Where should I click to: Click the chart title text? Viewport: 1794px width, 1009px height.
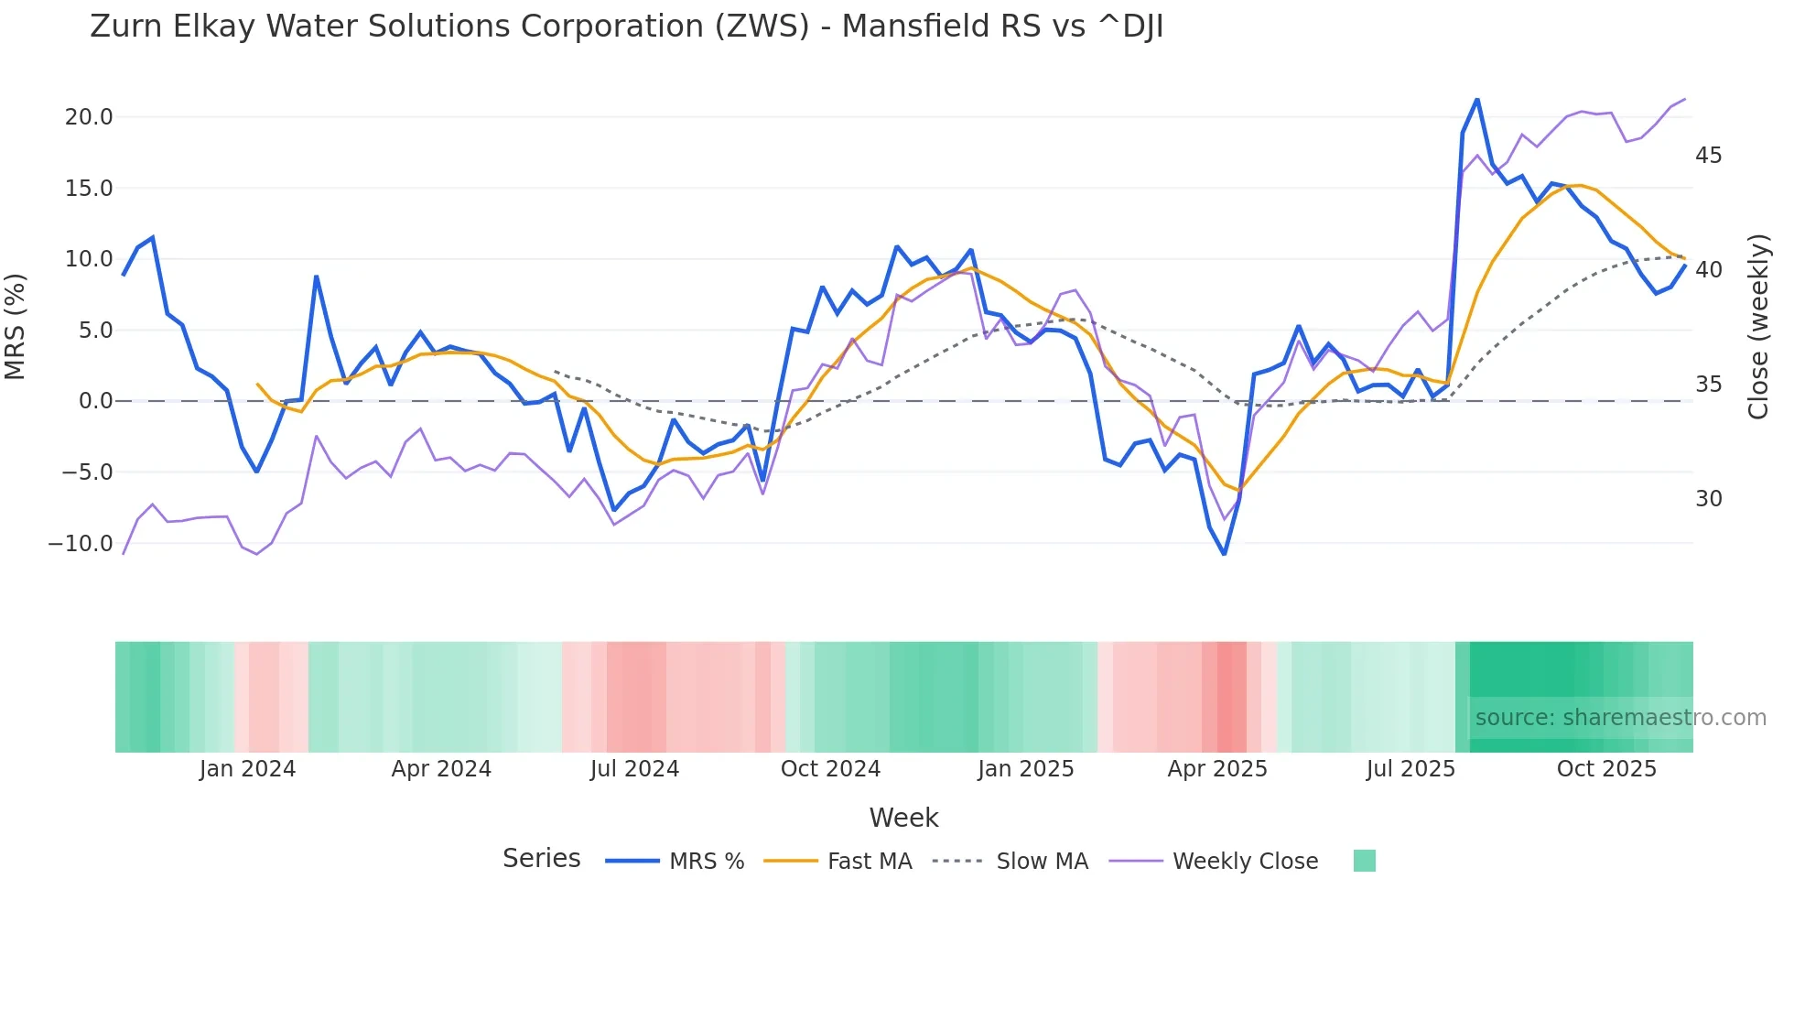pyautogui.click(x=626, y=27)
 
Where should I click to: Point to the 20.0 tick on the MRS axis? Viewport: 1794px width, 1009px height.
pyautogui.click(x=89, y=117)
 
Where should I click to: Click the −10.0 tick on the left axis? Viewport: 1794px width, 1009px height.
pyautogui.click(x=81, y=543)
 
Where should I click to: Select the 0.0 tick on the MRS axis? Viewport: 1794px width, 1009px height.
pyautogui.click(x=95, y=401)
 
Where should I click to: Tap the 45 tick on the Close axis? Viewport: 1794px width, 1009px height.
pyautogui.click(x=1708, y=156)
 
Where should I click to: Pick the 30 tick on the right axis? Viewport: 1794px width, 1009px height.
pyautogui.click(x=1708, y=499)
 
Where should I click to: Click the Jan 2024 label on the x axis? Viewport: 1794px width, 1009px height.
pyautogui.click(x=247, y=769)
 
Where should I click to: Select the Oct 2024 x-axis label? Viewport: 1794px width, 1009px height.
pyautogui.click(x=830, y=769)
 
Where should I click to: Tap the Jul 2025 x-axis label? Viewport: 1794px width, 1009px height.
pyautogui.click(x=1410, y=769)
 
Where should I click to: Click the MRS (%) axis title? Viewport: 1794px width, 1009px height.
pyautogui.click(x=16, y=326)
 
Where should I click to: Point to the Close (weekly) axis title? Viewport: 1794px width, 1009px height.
pyautogui.click(x=1758, y=326)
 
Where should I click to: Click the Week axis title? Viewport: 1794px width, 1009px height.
pyautogui.click(x=903, y=818)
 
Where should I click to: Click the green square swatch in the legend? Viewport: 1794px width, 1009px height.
pyautogui.click(x=1364, y=861)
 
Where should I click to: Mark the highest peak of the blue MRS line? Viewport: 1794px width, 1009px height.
pyautogui.click(x=1477, y=99)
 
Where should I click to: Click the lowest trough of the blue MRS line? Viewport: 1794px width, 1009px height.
pyautogui.click(x=1225, y=554)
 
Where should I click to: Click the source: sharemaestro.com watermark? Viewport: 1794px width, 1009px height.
pyautogui.click(x=1620, y=718)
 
